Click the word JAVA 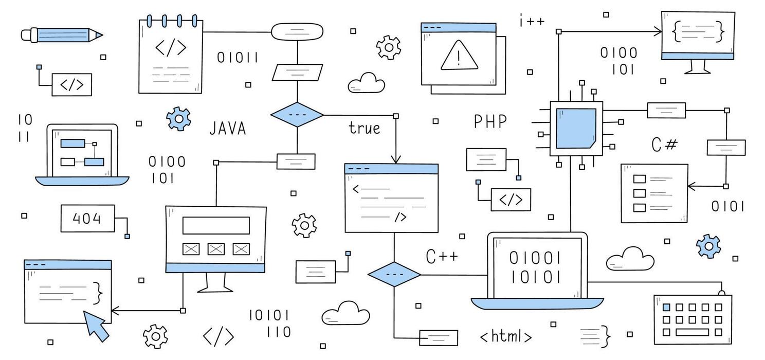227,128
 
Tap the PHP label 490,122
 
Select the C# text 664,145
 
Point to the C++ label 442,256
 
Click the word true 365,128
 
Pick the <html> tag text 506,337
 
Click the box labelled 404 87,219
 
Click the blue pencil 62,35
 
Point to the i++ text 532,22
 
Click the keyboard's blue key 666,307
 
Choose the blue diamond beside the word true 297,115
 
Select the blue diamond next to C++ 394,275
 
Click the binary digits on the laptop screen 535,267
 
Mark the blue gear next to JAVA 178,119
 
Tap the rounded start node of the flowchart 297,31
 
